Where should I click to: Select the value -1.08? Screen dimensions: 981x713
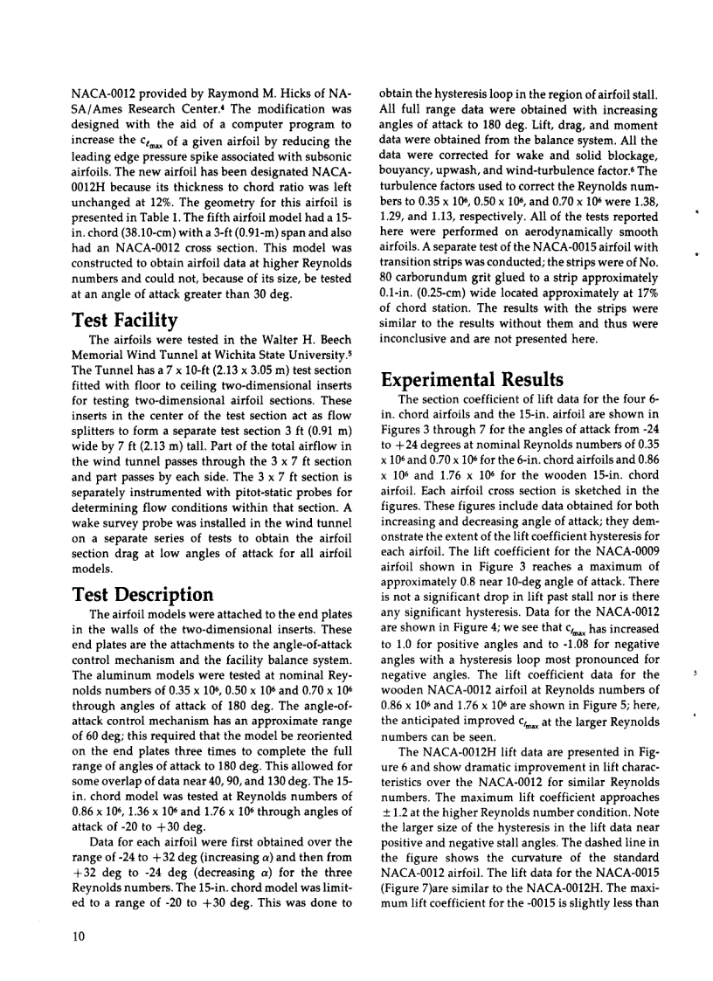(x=531, y=648)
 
